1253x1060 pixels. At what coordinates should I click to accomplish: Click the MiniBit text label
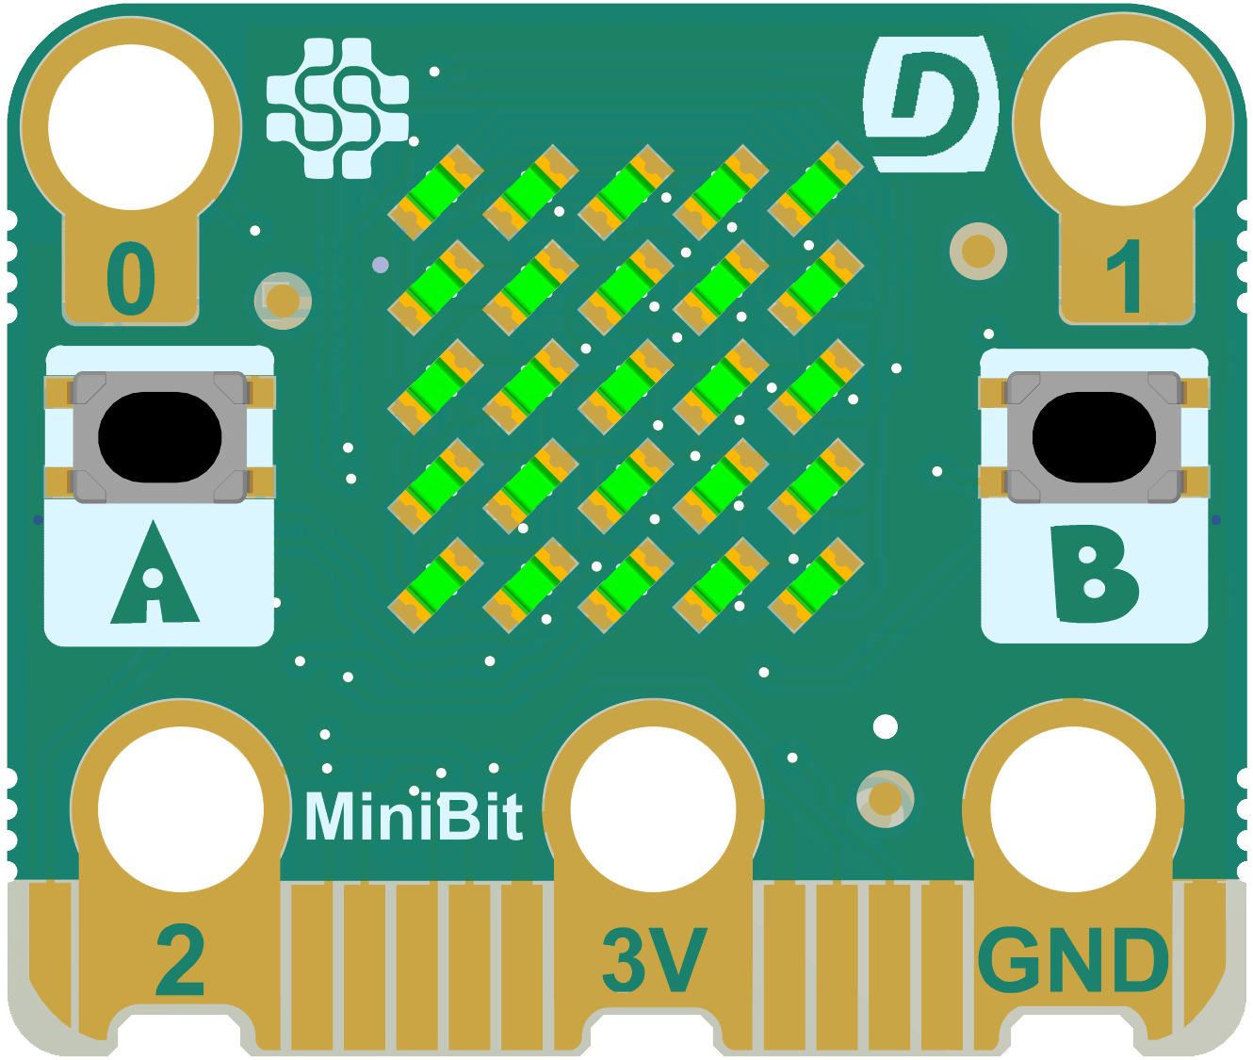click(x=413, y=816)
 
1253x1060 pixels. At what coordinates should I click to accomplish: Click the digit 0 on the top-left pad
click(x=131, y=279)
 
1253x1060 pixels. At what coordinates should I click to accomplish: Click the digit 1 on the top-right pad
click(x=1123, y=277)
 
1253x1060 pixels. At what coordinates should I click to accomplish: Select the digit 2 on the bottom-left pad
click(x=180, y=961)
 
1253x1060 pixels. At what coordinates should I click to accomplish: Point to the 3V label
click(x=654, y=961)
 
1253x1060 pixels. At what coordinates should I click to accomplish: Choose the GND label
click(x=1073, y=961)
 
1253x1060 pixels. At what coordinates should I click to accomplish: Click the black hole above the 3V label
click(x=653, y=809)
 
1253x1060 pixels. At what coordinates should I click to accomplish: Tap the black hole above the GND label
click(x=1073, y=809)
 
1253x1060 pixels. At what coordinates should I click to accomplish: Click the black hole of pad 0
click(x=131, y=125)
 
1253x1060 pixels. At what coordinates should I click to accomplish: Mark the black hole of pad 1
click(x=1123, y=122)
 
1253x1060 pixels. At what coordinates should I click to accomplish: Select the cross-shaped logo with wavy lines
click(x=338, y=107)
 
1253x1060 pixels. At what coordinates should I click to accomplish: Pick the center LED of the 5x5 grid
click(x=626, y=387)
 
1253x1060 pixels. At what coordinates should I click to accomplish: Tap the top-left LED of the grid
click(x=435, y=192)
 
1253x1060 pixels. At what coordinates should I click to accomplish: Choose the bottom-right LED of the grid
click(x=816, y=585)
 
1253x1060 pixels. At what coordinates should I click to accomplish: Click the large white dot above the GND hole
click(x=886, y=726)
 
